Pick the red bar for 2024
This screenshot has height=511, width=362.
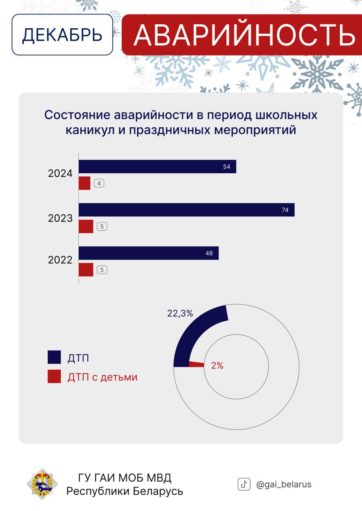pos(84,184)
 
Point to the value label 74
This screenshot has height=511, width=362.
pos(285,210)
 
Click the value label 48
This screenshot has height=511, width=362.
pos(209,253)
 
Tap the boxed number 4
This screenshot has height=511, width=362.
pos(99,184)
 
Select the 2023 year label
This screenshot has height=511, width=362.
pos(60,218)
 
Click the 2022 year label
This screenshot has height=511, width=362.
pos(60,260)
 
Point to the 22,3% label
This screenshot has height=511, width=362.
pos(180,313)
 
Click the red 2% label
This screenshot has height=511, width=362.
pos(217,365)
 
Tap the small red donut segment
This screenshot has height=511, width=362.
pos(196,364)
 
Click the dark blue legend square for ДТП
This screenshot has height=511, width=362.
pos(54,357)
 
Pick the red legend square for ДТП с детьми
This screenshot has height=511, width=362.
pos(54,376)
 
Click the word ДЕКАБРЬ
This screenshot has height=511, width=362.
pos(62,35)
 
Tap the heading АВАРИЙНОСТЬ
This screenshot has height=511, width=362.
pos(244,35)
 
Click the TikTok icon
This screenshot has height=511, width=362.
pos(244,484)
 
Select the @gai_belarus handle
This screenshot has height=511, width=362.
pos(284,484)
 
